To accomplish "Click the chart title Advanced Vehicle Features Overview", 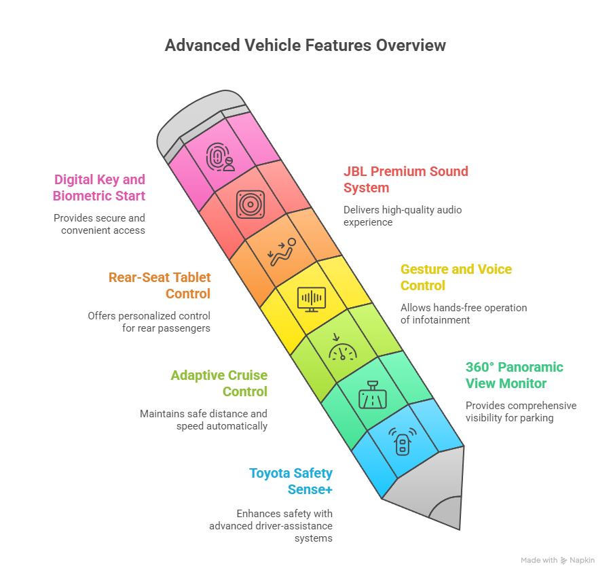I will (305, 46).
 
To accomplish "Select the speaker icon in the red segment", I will (250, 204).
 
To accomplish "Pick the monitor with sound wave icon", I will (312, 298).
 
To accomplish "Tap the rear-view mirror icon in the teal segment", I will (373, 394).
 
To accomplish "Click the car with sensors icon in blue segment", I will (402, 442).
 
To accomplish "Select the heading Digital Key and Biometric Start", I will (99, 188).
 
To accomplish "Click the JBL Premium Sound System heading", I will (405, 179).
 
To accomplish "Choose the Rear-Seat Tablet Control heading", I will (160, 285).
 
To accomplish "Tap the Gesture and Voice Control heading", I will (456, 277).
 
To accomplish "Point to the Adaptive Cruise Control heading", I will (219, 383).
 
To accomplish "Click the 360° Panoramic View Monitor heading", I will (514, 375).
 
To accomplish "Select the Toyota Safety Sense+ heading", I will (291, 481).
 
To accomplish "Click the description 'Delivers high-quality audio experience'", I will (402, 216).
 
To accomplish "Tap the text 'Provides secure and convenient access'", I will (100, 224).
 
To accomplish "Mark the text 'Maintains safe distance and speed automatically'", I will (204, 420).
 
